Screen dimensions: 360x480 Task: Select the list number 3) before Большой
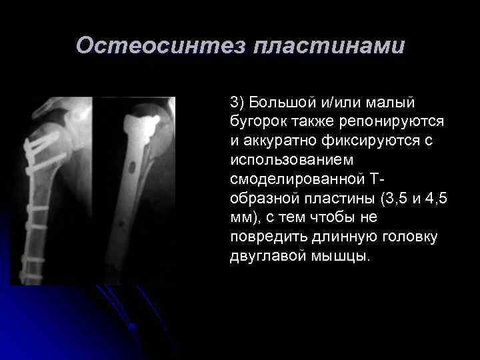click(238, 103)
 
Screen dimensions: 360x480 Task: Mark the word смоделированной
click(297, 180)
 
